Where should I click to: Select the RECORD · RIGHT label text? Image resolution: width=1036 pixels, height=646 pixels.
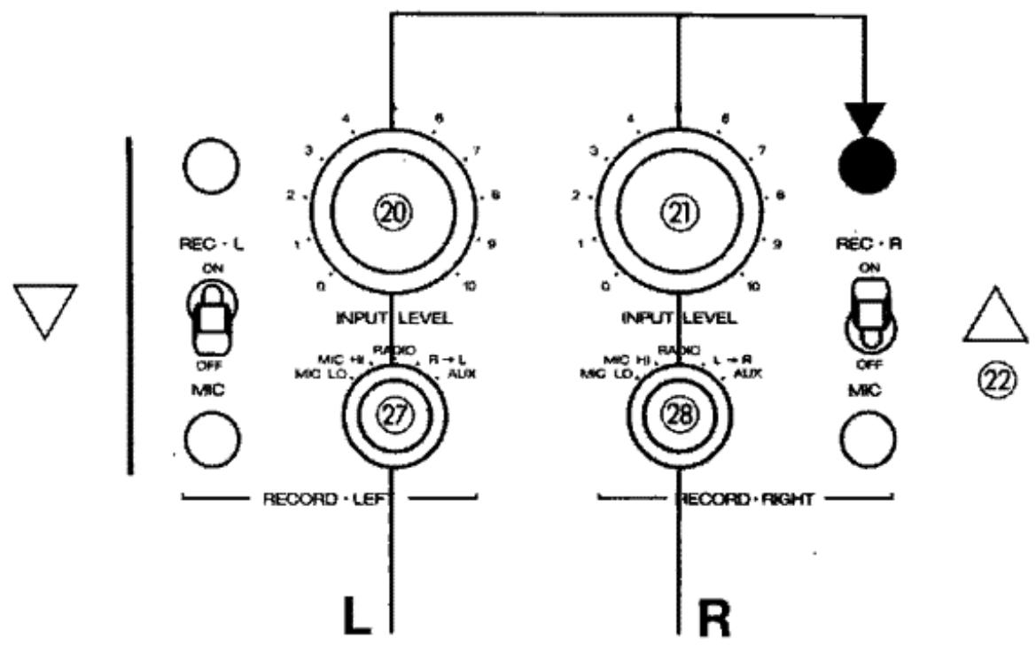[x=746, y=499]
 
